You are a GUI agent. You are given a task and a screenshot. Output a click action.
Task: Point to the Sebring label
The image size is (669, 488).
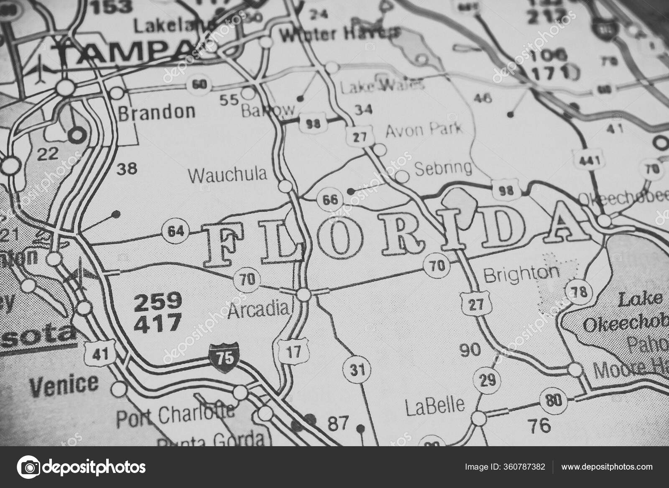click(443, 168)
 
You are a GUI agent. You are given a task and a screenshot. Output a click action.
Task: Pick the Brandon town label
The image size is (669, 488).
click(157, 112)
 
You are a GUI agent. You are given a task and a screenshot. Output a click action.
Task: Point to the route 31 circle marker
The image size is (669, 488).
click(355, 370)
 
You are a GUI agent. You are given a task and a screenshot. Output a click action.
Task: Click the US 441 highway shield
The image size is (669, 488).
click(590, 161)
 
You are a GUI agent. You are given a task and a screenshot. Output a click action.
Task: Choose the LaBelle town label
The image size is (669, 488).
click(435, 405)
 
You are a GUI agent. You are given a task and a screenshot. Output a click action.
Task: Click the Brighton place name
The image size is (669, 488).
click(521, 274)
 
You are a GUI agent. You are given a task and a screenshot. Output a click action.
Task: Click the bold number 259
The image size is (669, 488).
click(158, 301)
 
